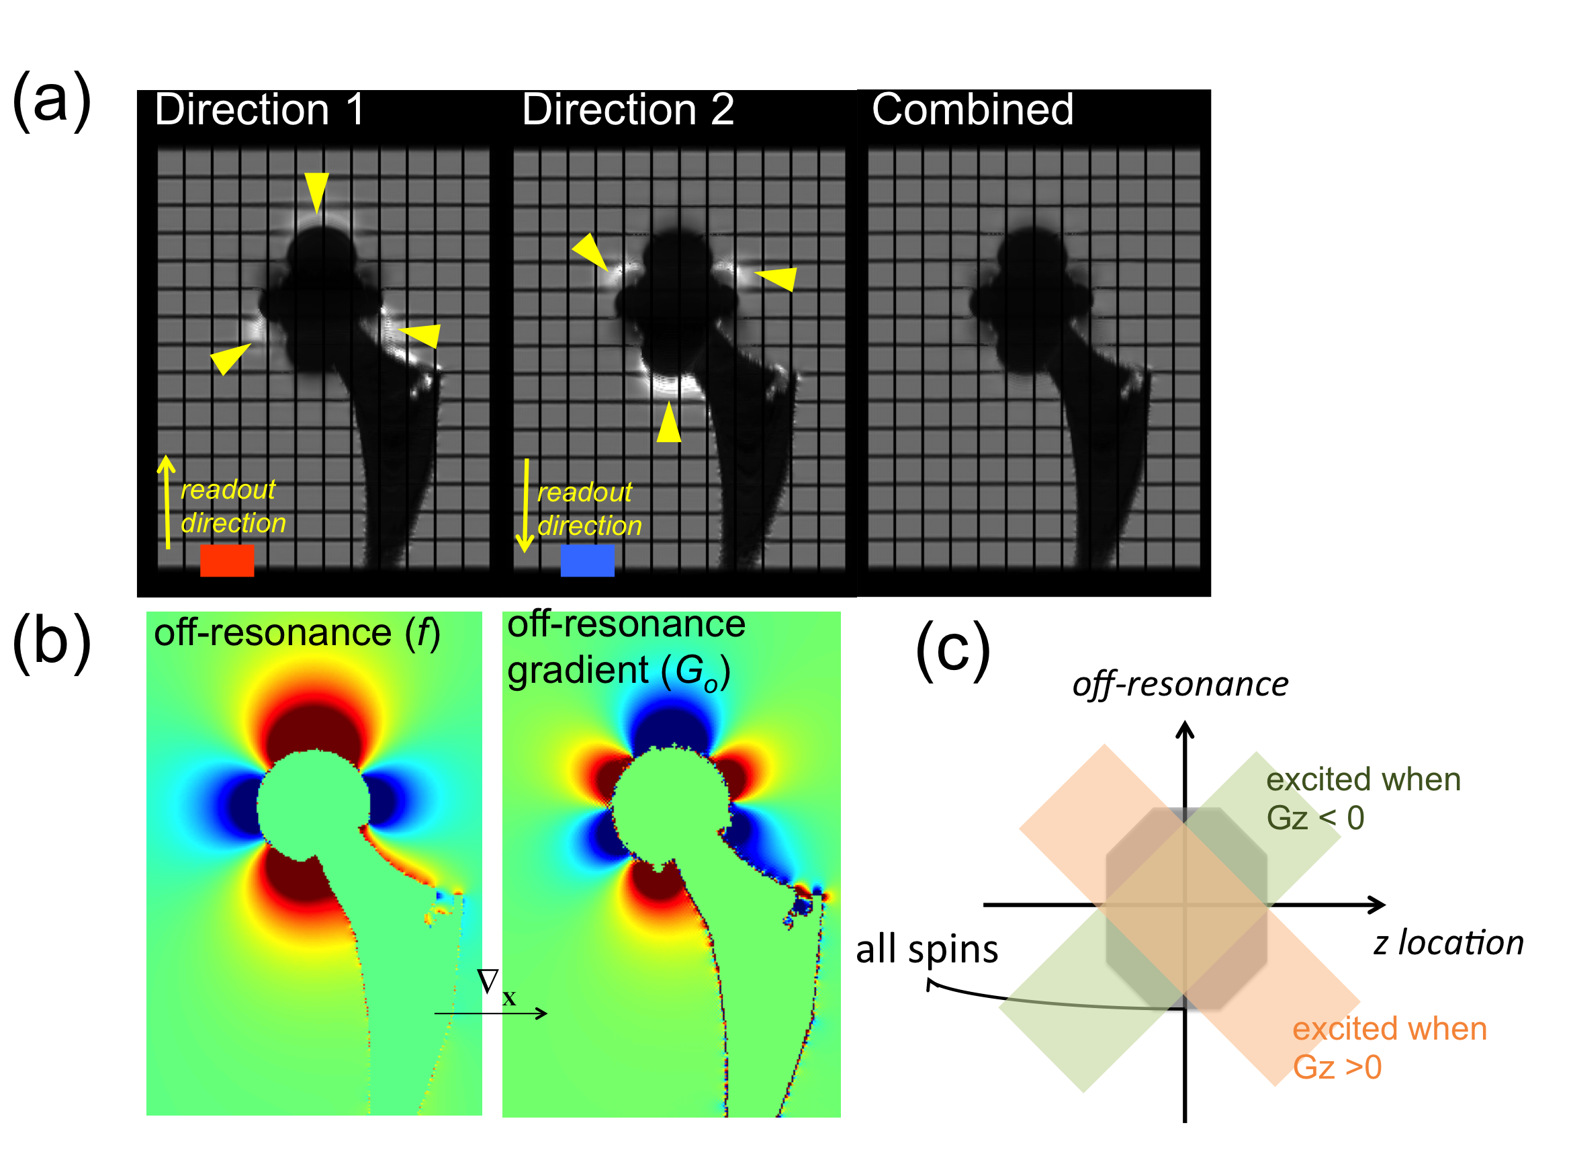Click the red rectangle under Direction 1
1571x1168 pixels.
(x=227, y=560)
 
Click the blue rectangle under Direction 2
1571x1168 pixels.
(x=587, y=560)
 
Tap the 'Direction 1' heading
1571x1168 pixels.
(x=259, y=110)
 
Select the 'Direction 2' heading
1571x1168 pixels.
(x=627, y=110)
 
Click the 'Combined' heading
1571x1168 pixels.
(x=973, y=110)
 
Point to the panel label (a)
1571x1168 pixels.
(x=52, y=100)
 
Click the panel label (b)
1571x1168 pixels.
(x=52, y=642)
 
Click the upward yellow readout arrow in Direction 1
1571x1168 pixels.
(x=167, y=502)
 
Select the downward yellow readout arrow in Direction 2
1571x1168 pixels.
(x=525, y=505)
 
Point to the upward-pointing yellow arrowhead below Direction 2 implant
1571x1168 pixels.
(x=668, y=423)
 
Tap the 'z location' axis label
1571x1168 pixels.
(x=1448, y=943)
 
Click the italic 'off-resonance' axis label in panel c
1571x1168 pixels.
(x=1179, y=684)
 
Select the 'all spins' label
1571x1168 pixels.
(x=926, y=949)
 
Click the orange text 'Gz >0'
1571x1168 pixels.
(x=1337, y=1068)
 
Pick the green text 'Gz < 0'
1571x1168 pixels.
(x=1314, y=818)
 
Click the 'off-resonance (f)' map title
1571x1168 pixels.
(x=297, y=632)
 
